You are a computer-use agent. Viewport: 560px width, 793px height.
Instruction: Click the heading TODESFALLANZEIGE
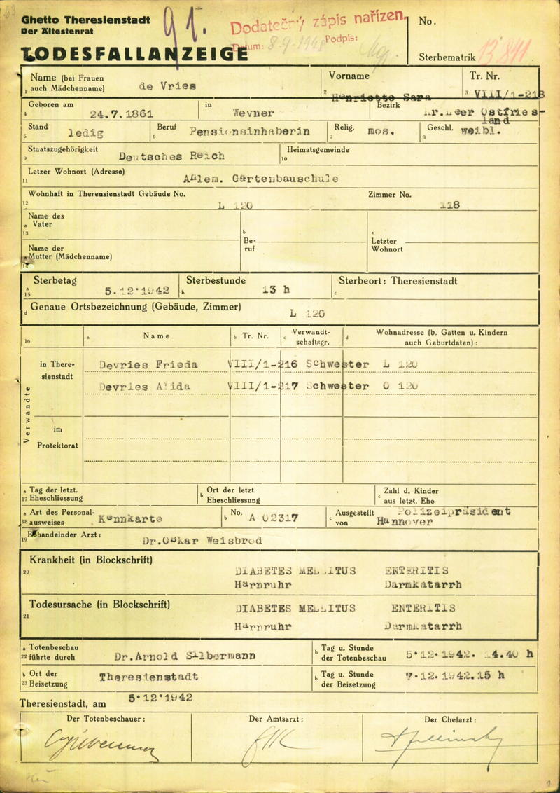tap(133, 53)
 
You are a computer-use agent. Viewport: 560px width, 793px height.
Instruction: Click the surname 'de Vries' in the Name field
tap(169, 85)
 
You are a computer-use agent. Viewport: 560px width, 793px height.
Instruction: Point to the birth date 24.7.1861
tap(122, 113)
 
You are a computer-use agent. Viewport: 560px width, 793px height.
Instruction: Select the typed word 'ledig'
tap(86, 132)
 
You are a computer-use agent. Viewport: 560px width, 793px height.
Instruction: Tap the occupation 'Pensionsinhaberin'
tap(250, 131)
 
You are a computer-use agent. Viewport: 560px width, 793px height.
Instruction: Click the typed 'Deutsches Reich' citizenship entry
tap(172, 156)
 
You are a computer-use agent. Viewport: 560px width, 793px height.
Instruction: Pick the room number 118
tap(449, 205)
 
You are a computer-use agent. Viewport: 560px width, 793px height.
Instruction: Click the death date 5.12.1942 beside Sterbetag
tap(137, 289)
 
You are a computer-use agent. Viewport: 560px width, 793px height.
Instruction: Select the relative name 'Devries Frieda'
tap(148, 365)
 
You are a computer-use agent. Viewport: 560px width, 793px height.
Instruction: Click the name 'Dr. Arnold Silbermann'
tap(185, 656)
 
